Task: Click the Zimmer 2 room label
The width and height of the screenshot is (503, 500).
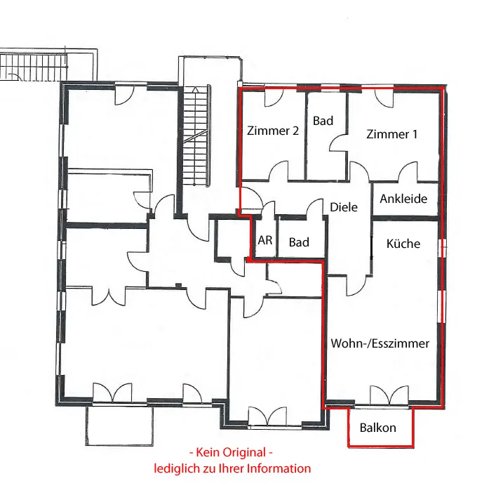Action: point(273,131)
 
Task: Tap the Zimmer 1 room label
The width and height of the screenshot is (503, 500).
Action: point(391,134)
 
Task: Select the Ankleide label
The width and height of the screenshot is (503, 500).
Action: point(403,199)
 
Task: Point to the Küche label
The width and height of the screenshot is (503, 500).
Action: point(403,244)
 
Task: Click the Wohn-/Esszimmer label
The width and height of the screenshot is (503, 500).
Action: point(380,343)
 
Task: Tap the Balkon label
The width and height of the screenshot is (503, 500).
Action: point(378,428)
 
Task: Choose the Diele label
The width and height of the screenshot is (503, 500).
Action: point(344,207)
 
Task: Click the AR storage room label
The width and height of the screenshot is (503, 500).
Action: point(265,240)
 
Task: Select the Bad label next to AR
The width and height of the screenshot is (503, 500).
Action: point(299,242)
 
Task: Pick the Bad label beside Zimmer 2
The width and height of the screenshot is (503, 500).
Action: point(323,121)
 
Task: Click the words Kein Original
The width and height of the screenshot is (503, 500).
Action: point(231,452)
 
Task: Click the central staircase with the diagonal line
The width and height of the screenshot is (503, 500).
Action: point(195,136)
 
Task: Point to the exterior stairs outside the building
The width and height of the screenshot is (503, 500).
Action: point(34,67)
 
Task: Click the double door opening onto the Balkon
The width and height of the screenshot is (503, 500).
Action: point(389,395)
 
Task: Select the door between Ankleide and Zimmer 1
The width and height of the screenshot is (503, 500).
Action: point(408,172)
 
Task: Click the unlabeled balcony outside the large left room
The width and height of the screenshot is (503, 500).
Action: point(119,426)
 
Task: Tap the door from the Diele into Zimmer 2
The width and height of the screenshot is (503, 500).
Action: point(279,171)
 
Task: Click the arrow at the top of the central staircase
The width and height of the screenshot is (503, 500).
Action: point(195,90)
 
